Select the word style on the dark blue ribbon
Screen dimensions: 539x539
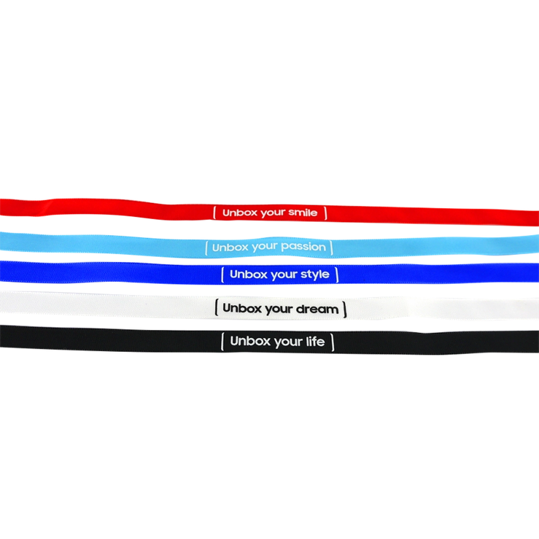click(314, 274)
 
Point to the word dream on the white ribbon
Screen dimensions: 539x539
click(317, 309)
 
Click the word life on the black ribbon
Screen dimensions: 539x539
click(315, 341)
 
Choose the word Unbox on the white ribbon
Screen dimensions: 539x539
click(242, 308)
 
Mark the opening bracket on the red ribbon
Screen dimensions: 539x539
click(215, 212)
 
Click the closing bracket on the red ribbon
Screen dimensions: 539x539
click(325, 213)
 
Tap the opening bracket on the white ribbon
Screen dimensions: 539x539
click(216, 307)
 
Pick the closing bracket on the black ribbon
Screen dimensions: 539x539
click(332, 342)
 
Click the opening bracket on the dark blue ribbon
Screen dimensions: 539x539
click(223, 274)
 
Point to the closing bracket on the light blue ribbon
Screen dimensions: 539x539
click(331, 248)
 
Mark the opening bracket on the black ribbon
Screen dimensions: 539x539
click(222, 341)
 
